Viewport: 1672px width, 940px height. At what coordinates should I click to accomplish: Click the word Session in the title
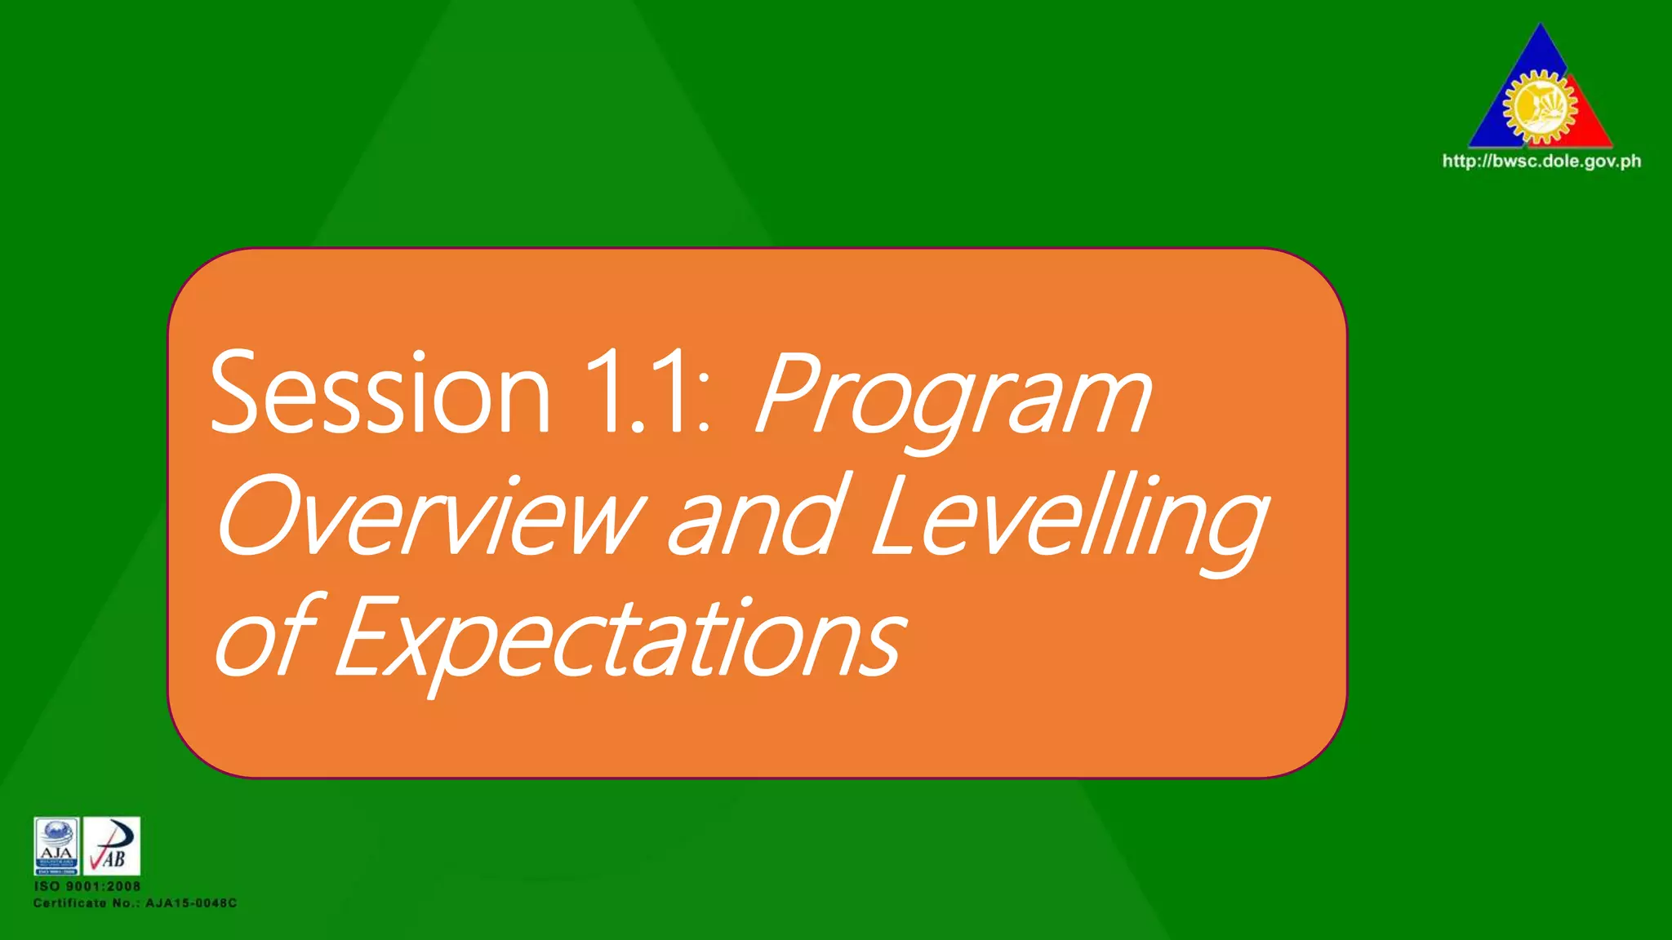[x=380, y=393]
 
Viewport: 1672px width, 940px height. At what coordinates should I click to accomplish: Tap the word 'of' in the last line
[x=266, y=636]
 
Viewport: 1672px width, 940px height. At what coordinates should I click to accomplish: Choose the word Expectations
[x=620, y=641]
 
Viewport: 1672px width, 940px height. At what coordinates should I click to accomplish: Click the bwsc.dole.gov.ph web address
[x=1541, y=162]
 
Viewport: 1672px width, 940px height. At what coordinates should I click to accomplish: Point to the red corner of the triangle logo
[x=1592, y=131]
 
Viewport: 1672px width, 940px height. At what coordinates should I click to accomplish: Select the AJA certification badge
[x=56, y=846]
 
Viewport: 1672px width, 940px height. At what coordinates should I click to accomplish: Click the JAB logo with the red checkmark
[x=112, y=846]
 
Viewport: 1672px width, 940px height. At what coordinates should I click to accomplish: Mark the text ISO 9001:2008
[x=87, y=886]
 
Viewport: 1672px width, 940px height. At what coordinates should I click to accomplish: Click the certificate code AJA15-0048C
[x=191, y=903]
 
